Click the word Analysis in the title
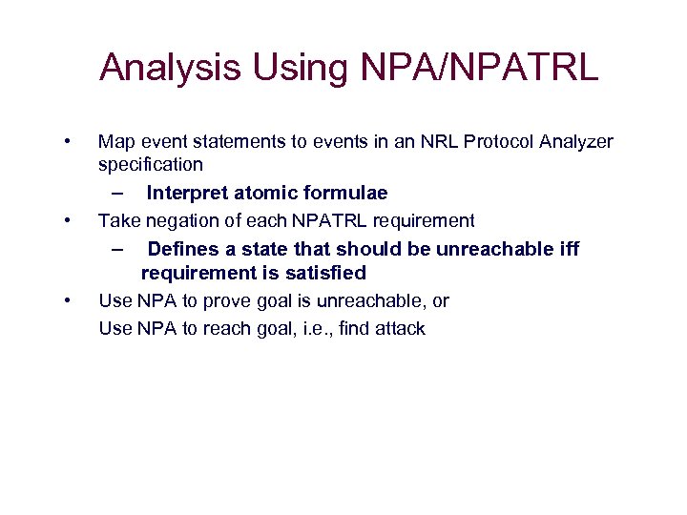point(170,68)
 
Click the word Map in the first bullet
point(116,142)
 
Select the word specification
point(151,165)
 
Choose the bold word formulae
point(347,194)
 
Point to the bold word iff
point(567,249)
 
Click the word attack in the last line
point(401,329)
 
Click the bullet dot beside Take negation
point(66,221)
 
